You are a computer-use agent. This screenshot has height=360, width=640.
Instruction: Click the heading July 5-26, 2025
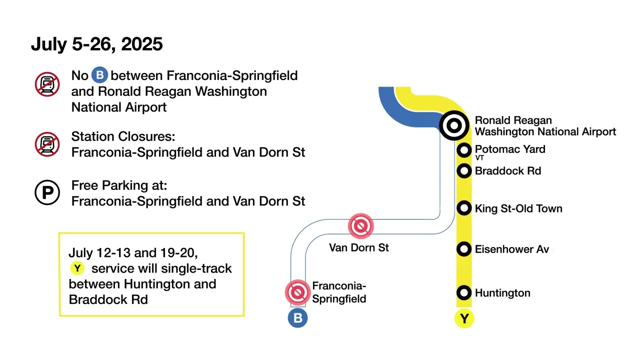(x=96, y=44)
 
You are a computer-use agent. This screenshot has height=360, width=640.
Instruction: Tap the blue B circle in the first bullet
(x=100, y=75)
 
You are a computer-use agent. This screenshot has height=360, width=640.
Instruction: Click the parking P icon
(x=47, y=193)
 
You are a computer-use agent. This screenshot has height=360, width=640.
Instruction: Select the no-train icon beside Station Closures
(x=47, y=144)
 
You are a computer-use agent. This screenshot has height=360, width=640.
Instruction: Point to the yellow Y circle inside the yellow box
(x=77, y=268)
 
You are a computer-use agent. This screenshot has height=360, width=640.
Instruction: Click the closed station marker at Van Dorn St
(x=360, y=226)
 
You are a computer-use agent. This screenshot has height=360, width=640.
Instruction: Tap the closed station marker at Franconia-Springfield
(x=297, y=292)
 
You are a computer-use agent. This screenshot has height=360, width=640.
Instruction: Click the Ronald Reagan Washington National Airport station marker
(x=454, y=125)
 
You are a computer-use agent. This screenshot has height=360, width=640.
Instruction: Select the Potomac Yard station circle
(x=464, y=150)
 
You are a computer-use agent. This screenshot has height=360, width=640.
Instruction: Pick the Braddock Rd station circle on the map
(x=464, y=171)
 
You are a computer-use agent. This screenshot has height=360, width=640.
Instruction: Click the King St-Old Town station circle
(x=464, y=208)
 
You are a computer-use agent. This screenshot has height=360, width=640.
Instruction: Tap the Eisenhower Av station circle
(x=464, y=249)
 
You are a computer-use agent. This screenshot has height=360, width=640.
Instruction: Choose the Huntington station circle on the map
(x=464, y=292)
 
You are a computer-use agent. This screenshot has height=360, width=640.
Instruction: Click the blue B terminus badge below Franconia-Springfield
(x=297, y=318)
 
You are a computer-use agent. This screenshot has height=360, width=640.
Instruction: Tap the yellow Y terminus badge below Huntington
(x=464, y=318)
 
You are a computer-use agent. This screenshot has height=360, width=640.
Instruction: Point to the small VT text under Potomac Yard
(x=479, y=158)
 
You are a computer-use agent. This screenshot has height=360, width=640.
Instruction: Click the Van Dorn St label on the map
(x=358, y=247)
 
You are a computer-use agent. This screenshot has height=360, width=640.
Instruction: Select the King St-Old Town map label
(x=518, y=208)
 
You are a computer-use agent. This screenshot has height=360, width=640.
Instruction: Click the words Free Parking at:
(x=119, y=185)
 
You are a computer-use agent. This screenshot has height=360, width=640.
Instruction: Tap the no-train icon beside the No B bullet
(x=47, y=84)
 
